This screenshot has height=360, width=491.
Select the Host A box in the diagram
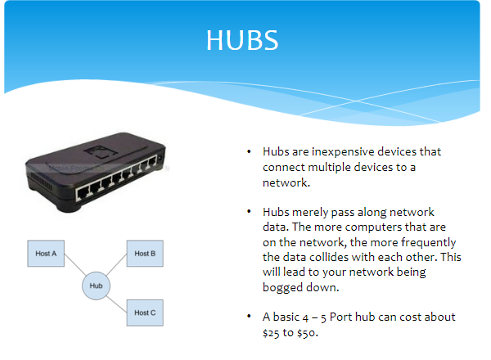tap(47, 254)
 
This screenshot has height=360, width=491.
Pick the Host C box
tap(145, 312)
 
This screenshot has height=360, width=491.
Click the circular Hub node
tap(96, 286)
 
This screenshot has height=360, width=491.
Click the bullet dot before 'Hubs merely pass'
tap(251, 212)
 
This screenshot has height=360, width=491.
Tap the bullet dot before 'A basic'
tap(251, 317)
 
